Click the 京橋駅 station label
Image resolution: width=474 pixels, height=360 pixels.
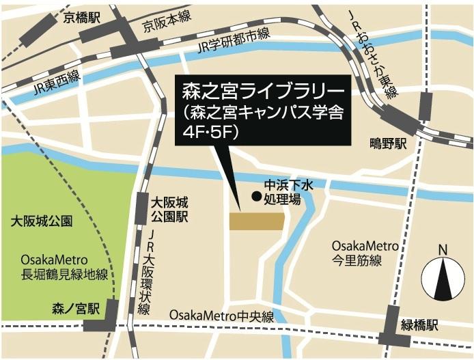point(81,18)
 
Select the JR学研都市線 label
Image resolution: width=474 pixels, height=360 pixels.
point(233,42)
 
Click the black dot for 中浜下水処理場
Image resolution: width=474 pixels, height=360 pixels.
point(256,197)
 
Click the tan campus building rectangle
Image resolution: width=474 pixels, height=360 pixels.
point(257,221)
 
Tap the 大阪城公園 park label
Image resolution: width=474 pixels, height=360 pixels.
point(42,222)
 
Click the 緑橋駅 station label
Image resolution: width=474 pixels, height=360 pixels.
point(430,325)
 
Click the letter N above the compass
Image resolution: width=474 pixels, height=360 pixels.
point(443,249)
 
